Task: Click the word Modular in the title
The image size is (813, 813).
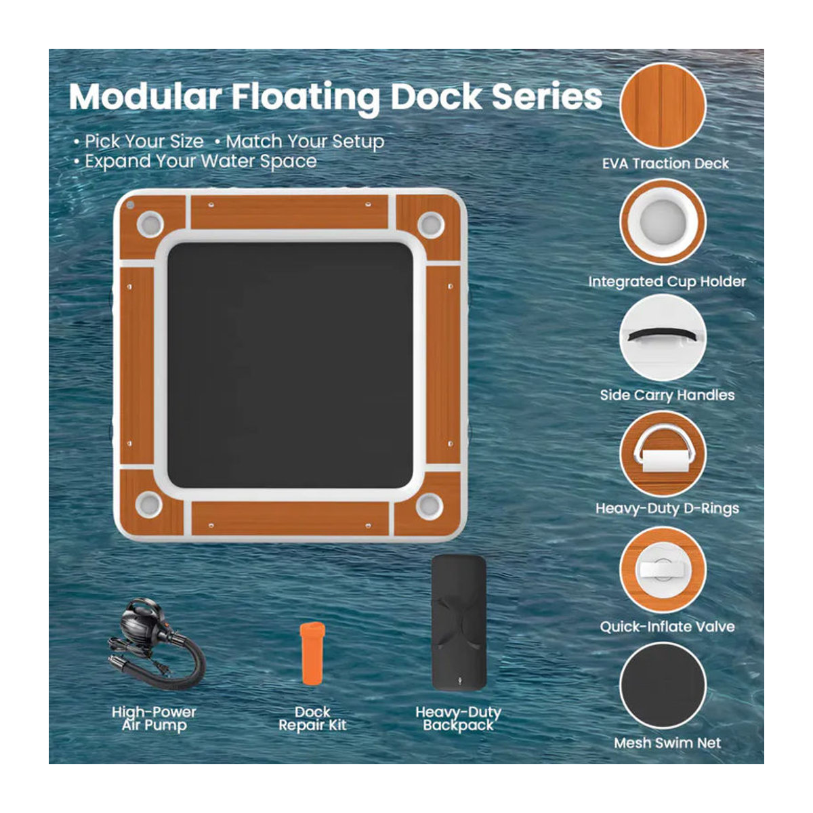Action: (x=146, y=97)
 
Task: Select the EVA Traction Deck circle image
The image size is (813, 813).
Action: (x=663, y=106)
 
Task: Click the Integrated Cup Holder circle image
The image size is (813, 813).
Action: (x=663, y=222)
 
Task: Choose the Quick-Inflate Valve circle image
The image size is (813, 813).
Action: (x=663, y=570)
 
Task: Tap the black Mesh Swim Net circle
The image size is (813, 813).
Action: (x=663, y=686)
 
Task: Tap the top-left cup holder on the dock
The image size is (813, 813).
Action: (x=150, y=224)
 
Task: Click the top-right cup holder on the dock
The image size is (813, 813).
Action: (x=431, y=224)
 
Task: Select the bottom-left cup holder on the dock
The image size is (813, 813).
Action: (x=149, y=505)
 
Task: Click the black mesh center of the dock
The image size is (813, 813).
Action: (x=290, y=365)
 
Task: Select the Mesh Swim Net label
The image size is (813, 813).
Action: (x=667, y=743)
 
